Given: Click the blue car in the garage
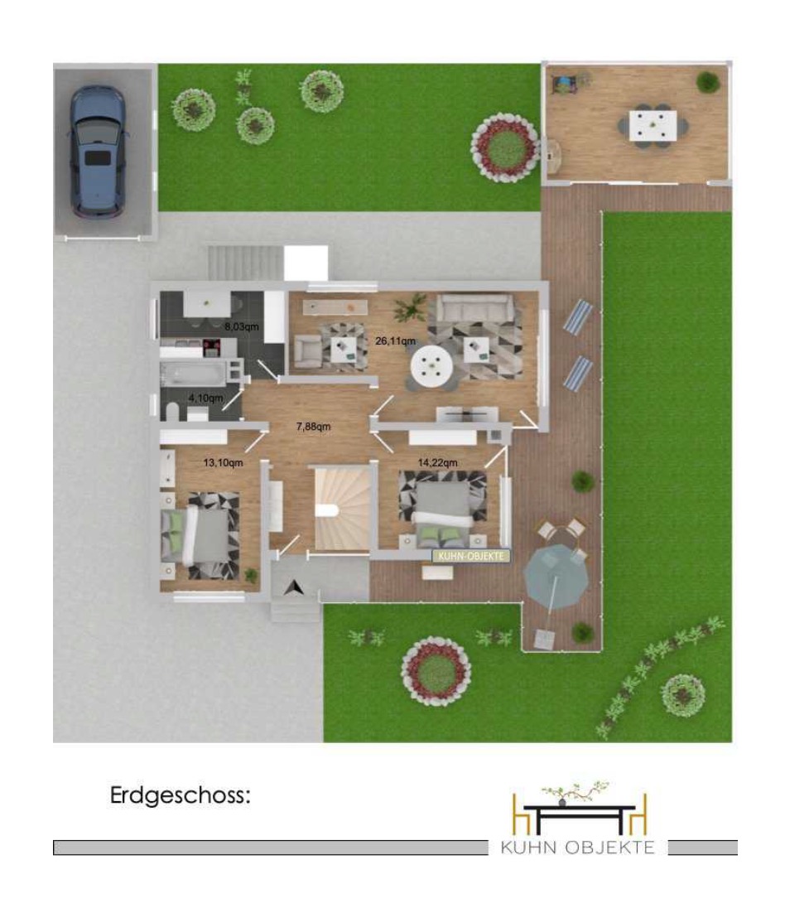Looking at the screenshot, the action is [x=98, y=152].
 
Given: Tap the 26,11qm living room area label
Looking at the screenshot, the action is [x=395, y=341].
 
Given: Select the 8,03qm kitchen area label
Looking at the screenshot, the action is [x=242, y=326].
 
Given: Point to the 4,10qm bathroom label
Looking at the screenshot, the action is [x=205, y=398].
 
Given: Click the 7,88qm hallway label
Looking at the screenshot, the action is [x=313, y=427].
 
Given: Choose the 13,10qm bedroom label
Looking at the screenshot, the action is [x=223, y=462].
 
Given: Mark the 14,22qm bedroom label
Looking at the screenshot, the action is [x=437, y=462].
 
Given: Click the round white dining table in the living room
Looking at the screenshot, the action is [x=431, y=365].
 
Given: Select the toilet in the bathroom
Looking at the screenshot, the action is [x=172, y=411].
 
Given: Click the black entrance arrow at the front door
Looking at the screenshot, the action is [x=296, y=587].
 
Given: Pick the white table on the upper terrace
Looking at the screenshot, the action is [x=653, y=126].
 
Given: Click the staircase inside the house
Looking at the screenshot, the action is [x=343, y=508].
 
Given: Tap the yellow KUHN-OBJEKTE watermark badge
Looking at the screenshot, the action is [x=471, y=556].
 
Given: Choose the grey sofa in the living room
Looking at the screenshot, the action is [x=474, y=308].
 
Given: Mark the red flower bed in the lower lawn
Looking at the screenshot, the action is [x=436, y=671].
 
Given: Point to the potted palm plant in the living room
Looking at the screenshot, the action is [x=411, y=307].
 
